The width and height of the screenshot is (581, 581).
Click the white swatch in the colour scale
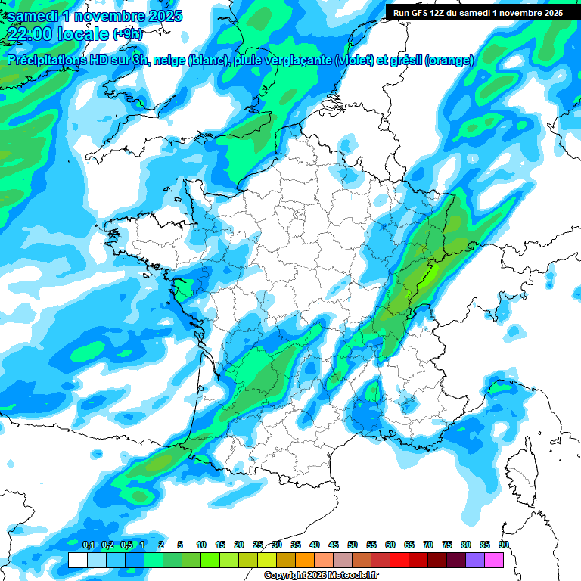tap(77, 560)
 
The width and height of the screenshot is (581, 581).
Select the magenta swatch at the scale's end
tap(494, 560)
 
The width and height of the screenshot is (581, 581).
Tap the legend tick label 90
tap(504, 545)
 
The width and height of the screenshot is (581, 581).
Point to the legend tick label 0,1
tap(88, 545)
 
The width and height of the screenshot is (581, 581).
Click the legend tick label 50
tap(353, 545)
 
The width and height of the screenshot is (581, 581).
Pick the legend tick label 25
tap(258, 545)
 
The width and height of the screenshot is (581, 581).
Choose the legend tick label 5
tap(180, 545)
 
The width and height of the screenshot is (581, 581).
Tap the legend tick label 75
tap(447, 545)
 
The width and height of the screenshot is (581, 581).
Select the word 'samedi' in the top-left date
tap(32, 16)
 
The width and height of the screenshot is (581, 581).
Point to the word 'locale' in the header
tap(81, 34)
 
